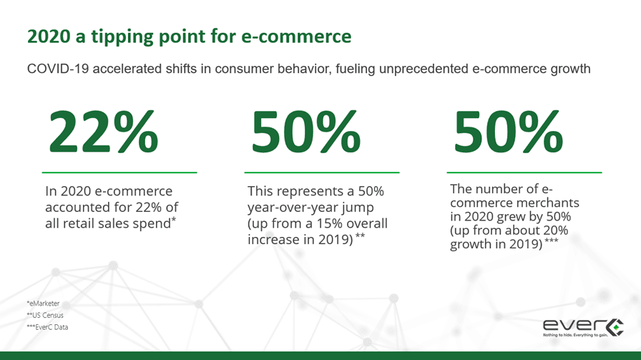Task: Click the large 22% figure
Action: click(x=104, y=132)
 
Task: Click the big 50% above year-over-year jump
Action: click(x=305, y=132)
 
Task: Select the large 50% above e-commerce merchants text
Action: click(x=508, y=132)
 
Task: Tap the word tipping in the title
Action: click(x=122, y=37)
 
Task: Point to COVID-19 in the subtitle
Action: click(x=58, y=69)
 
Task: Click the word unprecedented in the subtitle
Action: click(x=424, y=69)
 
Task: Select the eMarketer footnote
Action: click(x=44, y=303)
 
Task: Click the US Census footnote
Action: click(x=45, y=316)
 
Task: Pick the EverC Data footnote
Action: click(x=47, y=327)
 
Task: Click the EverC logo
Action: click(x=583, y=326)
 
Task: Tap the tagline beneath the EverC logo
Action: click(x=575, y=335)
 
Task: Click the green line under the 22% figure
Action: click(x=119, y=172)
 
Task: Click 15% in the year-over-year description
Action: click(x=328, y=223)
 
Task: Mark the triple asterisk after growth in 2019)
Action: click(x=552, y=240)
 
